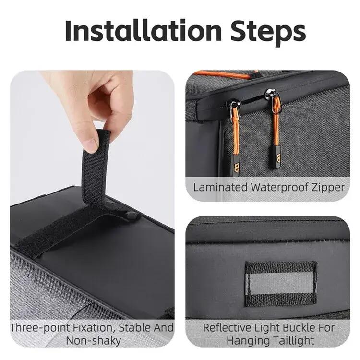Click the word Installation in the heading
click(x=143, y=31)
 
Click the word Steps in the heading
click(x=268, y=33)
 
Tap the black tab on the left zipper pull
click(x=236, y=165)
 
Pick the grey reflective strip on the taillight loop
click(x=280, y=284)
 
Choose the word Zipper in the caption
click(x=328, y=188)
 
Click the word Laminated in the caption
click(x=220, y=187)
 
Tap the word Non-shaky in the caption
click(x=93, y=341)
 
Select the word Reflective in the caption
click(x=227, y=328)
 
